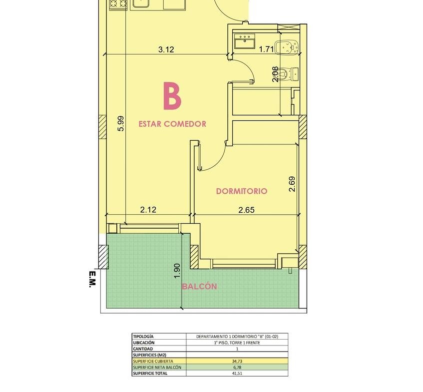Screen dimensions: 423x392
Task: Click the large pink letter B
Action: (x=172, y=96)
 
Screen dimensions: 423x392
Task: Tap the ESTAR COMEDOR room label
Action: (x=172, y=124)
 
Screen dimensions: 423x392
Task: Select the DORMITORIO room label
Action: (x=242, y=191)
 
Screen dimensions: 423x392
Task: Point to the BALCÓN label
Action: (x=199, y=286)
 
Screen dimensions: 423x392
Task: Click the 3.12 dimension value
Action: (x=166, y=49)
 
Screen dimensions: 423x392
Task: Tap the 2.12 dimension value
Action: (x=148, y=209)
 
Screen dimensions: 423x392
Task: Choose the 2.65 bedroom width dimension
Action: (x=247, y=210)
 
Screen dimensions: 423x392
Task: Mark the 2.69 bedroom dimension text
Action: (x=292, y=184)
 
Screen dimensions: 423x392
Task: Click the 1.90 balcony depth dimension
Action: (x=177, y=271)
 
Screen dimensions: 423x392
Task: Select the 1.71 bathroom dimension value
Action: (x=266, y=49)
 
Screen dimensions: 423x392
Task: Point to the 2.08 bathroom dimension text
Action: (x=275, y=74)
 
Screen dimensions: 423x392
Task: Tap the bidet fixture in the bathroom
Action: (x=287, y=47)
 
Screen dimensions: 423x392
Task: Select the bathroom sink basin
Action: (x=245, y=41)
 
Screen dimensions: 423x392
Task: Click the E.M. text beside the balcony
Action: (x=92, y=279)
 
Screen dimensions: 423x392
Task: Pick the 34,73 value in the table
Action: (x=237, y=361)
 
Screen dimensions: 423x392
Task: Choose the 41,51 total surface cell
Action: (x=237, y=374)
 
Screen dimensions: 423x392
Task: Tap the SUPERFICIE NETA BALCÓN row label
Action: (x=157, y=367)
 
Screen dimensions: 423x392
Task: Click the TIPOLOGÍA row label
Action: (x=143, y=337)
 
